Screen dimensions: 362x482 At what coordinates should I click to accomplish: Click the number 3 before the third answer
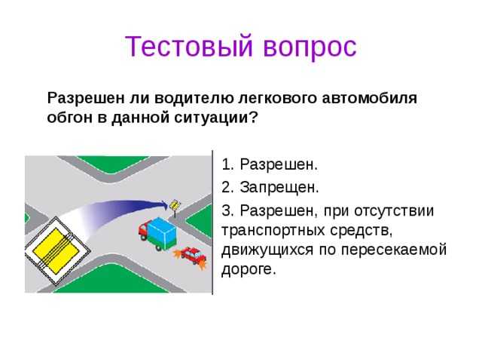[226, 209]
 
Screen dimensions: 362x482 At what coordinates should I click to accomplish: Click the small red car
[193, 256]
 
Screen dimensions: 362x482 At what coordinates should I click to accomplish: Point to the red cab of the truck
[143, 231]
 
